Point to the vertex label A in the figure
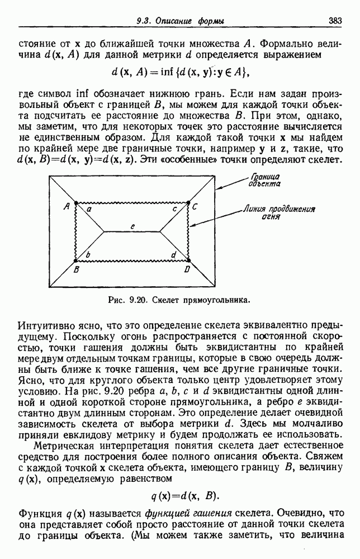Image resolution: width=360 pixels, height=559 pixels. tap(67, 205)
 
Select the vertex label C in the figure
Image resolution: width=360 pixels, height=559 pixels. tap(195, 207)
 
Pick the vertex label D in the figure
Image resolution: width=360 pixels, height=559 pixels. tap(187, 270)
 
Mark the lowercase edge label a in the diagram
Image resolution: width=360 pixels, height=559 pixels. tap(89, 209)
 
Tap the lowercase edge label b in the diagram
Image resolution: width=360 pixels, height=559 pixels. tap(88, 255)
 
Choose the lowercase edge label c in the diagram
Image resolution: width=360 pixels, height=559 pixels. tap(175, 208)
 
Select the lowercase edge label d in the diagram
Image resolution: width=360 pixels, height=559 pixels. tap(174, 255)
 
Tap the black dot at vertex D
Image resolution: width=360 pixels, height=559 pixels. tap(188, 260)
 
